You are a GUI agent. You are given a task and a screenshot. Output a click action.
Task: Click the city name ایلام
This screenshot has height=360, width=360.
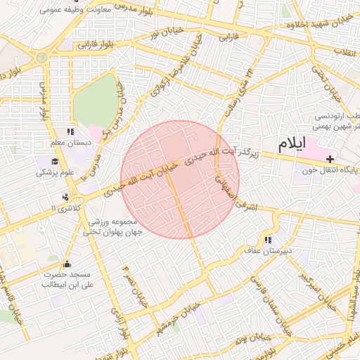[x=292, y=145]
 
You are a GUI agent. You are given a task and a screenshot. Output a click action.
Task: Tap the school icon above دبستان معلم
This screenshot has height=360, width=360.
[x=70, y=131]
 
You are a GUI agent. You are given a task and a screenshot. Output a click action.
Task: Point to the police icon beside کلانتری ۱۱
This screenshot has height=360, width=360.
[x=65, y=197]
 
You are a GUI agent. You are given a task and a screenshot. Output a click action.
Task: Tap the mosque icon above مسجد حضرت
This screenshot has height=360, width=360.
[x=67, y=264]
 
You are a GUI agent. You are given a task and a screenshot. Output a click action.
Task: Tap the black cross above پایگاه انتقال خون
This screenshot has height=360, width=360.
[x=330, y=160]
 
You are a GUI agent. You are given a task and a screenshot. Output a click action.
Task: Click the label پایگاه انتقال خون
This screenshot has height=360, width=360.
[x=330, y=170]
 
